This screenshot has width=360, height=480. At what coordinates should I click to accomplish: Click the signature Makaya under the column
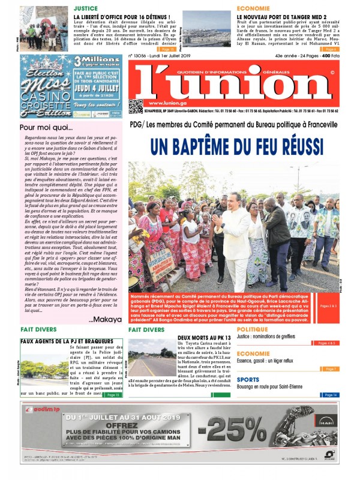click(103, 319)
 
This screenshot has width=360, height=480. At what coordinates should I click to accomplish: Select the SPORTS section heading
click(248, 380)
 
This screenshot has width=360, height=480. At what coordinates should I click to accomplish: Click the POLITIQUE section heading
click(252, 329)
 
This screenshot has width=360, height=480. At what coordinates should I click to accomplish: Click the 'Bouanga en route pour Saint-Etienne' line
click(275, 388)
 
